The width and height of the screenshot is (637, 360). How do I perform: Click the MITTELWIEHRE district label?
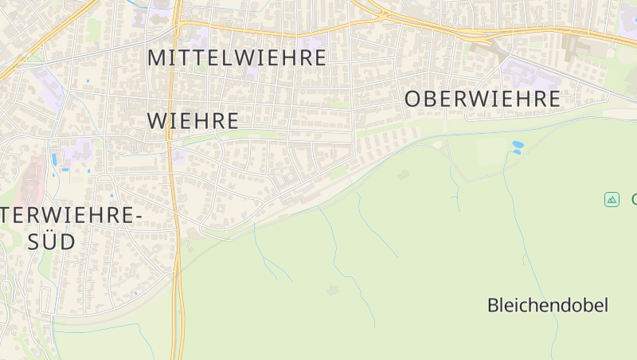click(x=237, y=58)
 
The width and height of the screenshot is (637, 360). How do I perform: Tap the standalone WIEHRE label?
click(x=193, y=121)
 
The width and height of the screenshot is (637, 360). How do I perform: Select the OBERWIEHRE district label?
click(x=483, y=100)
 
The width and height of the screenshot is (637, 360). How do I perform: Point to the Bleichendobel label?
click(x=547, y=305)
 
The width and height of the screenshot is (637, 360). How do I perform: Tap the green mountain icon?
click(x=612, y=199)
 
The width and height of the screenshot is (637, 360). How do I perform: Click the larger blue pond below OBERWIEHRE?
click(x=518, y=144)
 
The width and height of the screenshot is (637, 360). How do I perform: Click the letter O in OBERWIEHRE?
click(x=412, y=100)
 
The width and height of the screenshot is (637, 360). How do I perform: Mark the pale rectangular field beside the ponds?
click(x=490, y=151)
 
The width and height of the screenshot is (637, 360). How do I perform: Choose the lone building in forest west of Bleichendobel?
click(x=333, y=290)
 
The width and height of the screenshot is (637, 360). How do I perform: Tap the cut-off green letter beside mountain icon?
click(x=634, y=199)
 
